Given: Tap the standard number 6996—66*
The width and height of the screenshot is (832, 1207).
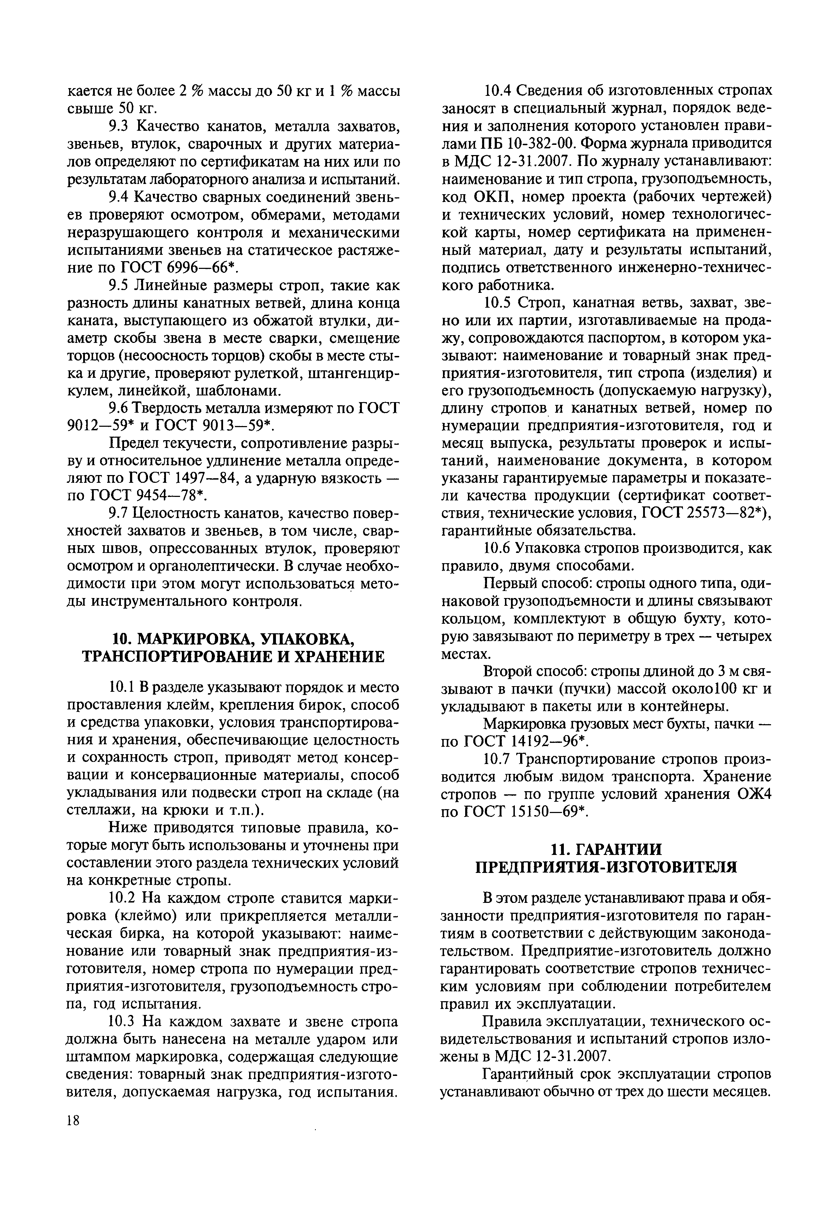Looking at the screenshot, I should pos(199,268).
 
